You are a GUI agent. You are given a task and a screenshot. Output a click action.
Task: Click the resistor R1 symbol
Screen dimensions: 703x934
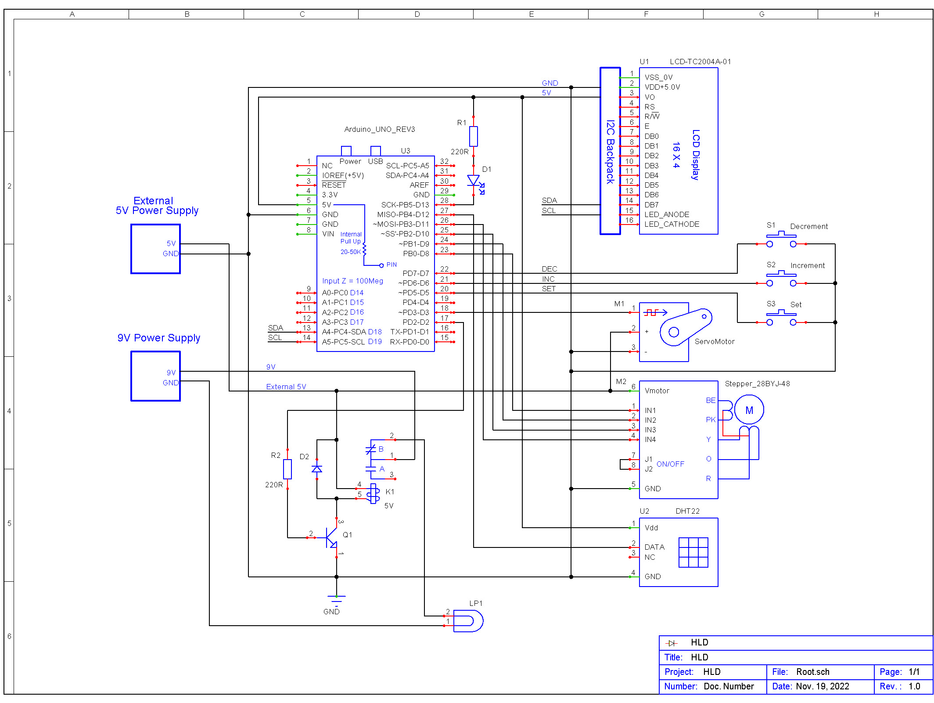[x=473, y=136]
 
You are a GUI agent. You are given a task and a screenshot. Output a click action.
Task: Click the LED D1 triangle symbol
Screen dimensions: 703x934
[x=473, y=180]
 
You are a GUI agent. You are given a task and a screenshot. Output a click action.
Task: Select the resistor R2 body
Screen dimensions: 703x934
[x=287, y=469]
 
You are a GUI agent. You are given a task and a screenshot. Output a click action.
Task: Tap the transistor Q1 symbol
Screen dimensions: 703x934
[x=332, y=537]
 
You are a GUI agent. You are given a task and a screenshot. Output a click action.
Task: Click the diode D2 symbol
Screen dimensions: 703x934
[x=316, y=469]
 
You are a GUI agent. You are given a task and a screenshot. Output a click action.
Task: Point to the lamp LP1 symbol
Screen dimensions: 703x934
[x=468, y=621]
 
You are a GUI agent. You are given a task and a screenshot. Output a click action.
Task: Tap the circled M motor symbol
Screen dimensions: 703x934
[x=749, y=410]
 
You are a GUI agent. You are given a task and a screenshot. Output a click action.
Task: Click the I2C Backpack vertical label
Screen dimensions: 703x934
[x=610, y=152]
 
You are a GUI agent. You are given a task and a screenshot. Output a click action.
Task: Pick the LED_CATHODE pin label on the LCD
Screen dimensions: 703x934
[x=672, y=224]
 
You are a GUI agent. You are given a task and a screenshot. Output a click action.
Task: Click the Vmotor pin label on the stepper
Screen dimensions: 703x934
[x=657, y=391]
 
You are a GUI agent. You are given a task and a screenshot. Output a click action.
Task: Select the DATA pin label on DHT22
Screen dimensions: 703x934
[x=654, y=547]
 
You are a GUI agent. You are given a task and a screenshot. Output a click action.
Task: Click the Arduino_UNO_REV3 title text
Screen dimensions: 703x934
[x=379, y=129]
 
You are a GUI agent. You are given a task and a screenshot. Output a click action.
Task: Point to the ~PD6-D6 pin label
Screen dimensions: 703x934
[x=413, y=283]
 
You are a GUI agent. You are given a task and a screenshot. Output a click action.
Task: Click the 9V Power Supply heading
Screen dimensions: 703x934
[x=159, y=338]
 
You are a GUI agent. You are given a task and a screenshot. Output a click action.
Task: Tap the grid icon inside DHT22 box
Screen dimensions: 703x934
[x=693, y=552]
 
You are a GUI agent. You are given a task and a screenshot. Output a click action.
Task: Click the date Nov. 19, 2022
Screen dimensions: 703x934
[x=822, y=686]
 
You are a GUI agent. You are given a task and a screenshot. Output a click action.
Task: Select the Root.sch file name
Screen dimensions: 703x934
[x=813, y=672]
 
